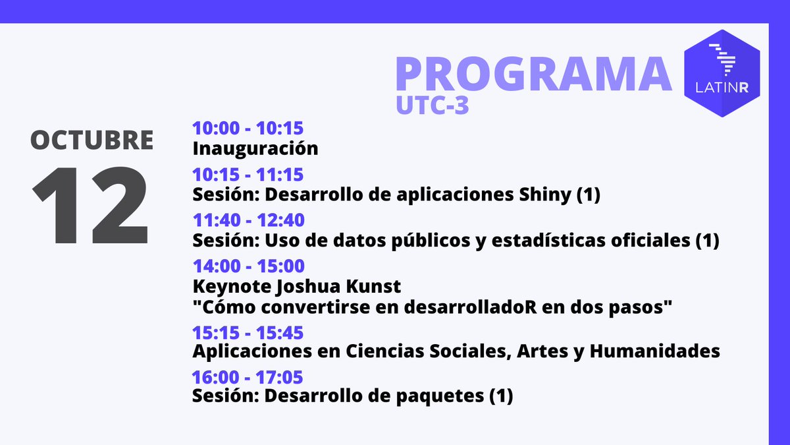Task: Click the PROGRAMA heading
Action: coord(533,74)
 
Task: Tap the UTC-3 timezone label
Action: coord(433,105)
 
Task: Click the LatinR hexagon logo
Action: coord(722,73)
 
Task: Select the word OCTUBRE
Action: coord(92,140)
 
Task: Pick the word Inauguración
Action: coord(255,148)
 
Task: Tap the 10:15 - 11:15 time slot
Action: coord(248,175)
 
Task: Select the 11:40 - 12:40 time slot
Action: coord(248,220)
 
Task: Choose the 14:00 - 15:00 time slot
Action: coord(248,266)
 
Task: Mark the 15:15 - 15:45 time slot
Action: coord(248,333)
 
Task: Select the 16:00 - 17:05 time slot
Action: coord(247,378)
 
